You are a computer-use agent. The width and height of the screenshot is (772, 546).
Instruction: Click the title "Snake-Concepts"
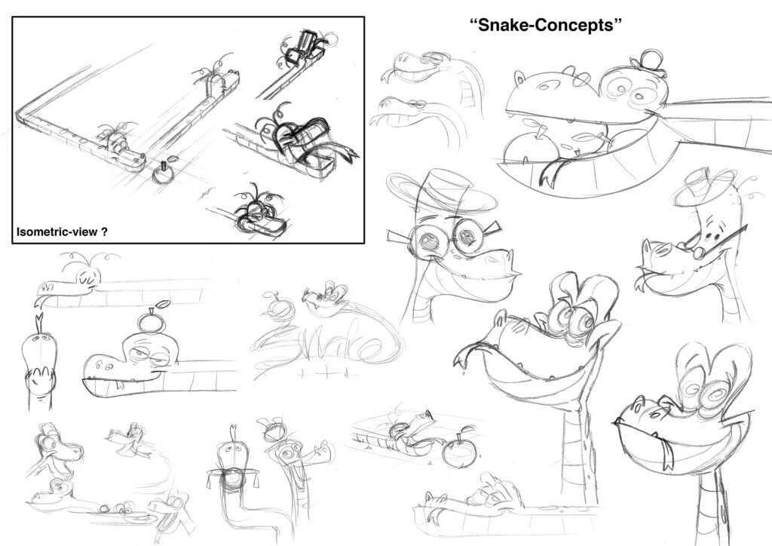click(x=546, y=25)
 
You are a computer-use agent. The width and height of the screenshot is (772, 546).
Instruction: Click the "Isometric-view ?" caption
click(x=62, y=232)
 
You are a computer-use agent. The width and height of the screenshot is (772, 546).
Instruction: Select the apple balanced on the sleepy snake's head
click(x=150, y=321)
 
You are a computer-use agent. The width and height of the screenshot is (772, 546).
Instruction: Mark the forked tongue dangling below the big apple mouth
click(x=550, y=172)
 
